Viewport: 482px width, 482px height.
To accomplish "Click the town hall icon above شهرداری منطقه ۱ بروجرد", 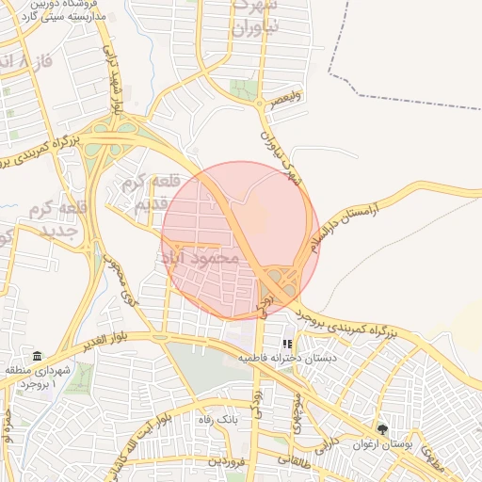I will (37, 356).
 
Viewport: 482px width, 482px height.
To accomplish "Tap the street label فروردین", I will (227, 460).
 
